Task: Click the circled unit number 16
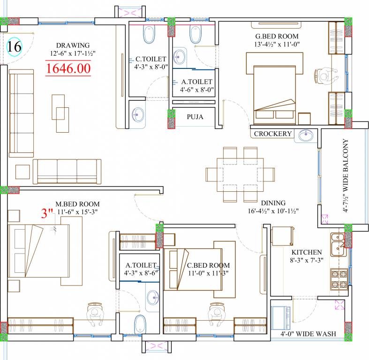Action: (15, 46)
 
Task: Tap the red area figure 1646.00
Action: (68, 68)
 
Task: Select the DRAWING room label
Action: (73, 45)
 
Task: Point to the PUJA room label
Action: (195, 117)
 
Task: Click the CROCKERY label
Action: (273, 134)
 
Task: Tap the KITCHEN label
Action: (307, 252)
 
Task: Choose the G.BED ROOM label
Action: (277, 36)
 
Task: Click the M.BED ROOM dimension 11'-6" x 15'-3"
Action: (77, 212)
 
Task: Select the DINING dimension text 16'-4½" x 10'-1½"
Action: (273, 211)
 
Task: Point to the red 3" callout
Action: (47, 213)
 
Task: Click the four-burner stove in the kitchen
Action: (339, 279)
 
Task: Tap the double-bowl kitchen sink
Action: (339, 245)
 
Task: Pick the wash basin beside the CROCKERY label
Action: (306, 136)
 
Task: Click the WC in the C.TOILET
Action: (149, 35)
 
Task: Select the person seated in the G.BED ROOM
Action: (326, 76)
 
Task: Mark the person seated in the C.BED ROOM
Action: (217, 314)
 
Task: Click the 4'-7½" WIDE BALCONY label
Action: (345, 175)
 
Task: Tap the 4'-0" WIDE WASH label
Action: (308, 334)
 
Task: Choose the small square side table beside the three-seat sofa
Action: (23, 172)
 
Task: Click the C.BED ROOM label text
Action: (208, 265)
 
